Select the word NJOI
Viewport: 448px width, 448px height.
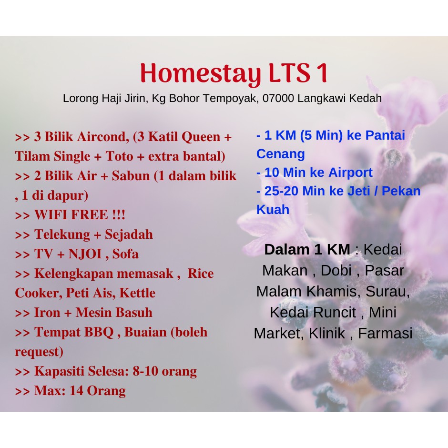pyautogui.click(x=85, y=254)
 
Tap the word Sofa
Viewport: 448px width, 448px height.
pyautogui.click(x=125, y=254)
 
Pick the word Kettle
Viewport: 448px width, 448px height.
pyautogui.click(x=137, y=293)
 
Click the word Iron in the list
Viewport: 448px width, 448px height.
pyautogui.click(x=47, y=312)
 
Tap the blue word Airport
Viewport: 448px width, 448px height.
pyautogui.click(x=350, y=173)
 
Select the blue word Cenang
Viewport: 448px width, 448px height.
pyautogui.click(x=281, y=154)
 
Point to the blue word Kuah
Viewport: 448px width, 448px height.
pyautogui.click(x=273, y=209)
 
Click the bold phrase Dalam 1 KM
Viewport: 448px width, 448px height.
pyautogui.click(x=307, y=249)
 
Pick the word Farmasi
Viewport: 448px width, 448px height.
pyautogui.click(x=385, y=333)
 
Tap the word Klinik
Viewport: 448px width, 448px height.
pyautogui.click(x=327, y=333)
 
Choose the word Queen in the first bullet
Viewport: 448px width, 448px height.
pyautogui.click(x=201, y=137)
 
